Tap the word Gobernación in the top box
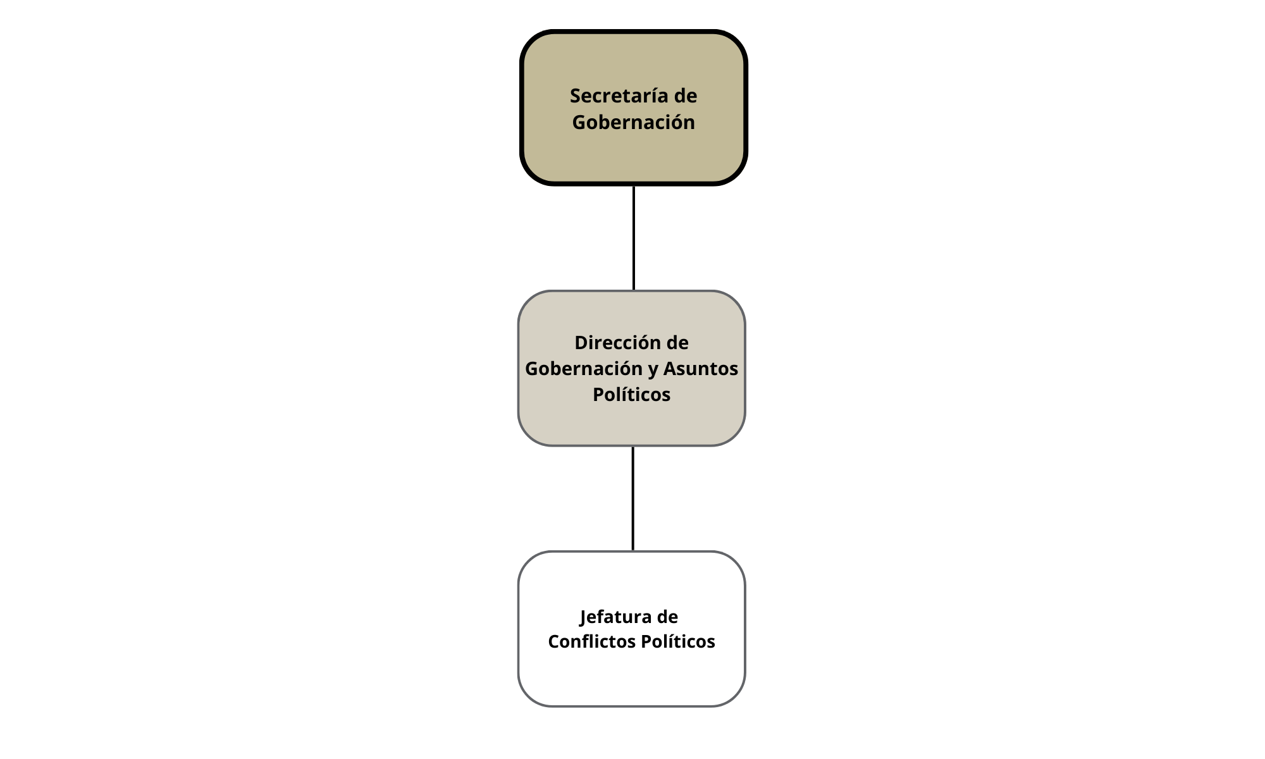pyautogui.click(x=633, y=122)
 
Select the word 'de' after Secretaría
pyautogui.click(x=686, y=96)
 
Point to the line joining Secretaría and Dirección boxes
pyautogui.click(x=634, y=238)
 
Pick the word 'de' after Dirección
pyautogui.click(x=677, y=343)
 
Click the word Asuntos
pyautogui.click(x=700, y=369)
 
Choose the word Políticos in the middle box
pyautogui.click(x=631, y=395)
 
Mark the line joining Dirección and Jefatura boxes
pyautogui.click(x=633, y=498)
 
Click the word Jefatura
pyautogui.click(x=612, y=617)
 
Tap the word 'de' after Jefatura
pyautogui.click(x=667, y=617)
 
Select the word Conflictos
pyautogui.click(x=591, y=642)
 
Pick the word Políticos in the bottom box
pyautogui.click(x=677, y=642)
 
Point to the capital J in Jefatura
pyautogui.click(x=584, y=617)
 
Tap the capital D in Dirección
pyautogui.click(x=581, y=343)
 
